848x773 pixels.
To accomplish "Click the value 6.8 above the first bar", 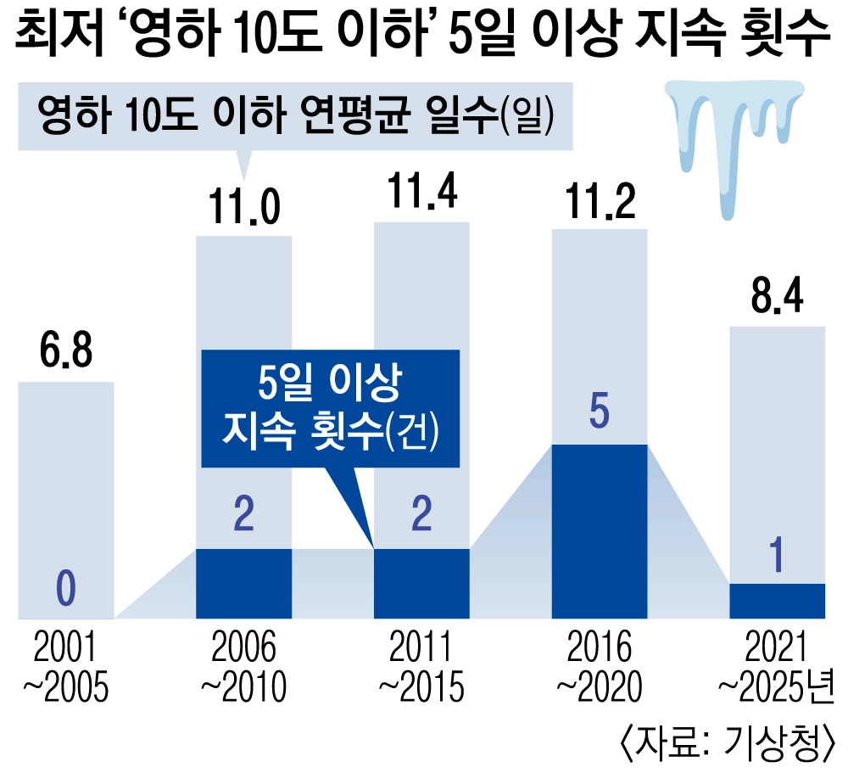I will pyautogui.click(x=65, y=354).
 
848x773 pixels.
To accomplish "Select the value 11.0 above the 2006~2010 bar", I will pyautogui.click(x=244, y=208).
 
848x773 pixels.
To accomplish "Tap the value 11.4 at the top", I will pyautogui.click(x=421, y=194).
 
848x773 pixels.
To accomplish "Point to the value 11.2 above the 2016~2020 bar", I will pyautogui.click(x=599, y=200).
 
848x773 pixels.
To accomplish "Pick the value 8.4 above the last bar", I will pyautogui.click(x=777, y=298).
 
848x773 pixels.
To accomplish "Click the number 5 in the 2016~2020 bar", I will pyautogui.click(x=599, y=415).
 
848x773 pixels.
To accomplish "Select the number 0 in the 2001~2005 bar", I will pyautogui.click(x=65, y=590).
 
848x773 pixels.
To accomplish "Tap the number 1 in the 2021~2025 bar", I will pyautogui.click(x=777, y=557).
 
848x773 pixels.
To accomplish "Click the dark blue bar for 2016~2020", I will pyautogui.click(x=599, y=530).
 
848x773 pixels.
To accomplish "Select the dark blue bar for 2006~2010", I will pyautogui.click(x=244, y=583).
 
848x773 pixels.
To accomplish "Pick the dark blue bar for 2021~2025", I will pyautogui.click(x=777, y=601).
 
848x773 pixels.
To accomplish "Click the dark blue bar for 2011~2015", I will pyautogui.click(x=421, y=583).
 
